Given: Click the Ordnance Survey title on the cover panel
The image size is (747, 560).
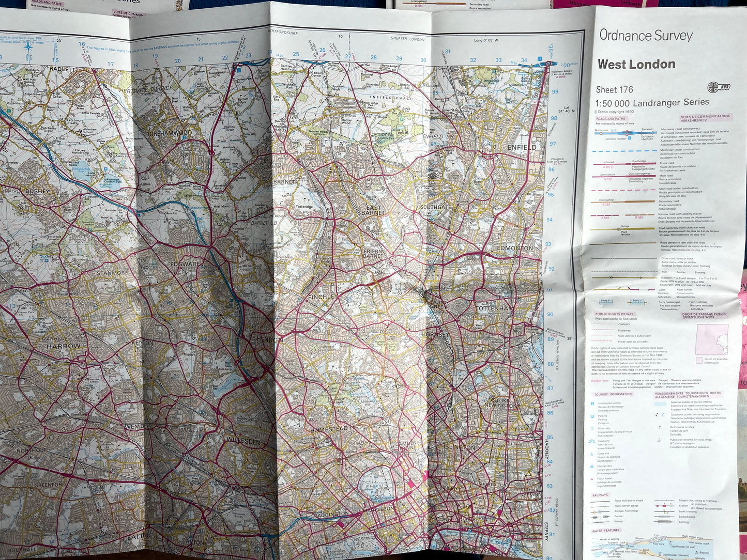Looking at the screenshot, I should point(646,35).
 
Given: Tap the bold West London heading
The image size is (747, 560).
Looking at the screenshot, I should point(636,65).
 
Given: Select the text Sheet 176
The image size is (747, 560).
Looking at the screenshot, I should point(614,89).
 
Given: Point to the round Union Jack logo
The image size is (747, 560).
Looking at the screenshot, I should point(719,87).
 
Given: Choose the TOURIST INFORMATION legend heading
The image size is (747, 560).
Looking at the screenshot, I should point(613,394).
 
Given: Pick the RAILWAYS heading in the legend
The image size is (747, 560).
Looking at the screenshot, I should point(600,495).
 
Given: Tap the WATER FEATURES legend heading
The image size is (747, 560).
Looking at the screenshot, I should point(605,530).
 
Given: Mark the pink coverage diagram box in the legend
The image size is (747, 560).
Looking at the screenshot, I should point(712,339).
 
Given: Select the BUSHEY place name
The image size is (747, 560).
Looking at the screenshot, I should point(37,191).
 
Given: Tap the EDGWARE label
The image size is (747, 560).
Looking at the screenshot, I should point(185,264).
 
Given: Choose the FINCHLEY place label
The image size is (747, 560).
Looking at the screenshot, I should point(322,297).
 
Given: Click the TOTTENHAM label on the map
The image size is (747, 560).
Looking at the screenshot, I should point(495,308).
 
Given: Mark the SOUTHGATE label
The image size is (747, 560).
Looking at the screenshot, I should point(435,207).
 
